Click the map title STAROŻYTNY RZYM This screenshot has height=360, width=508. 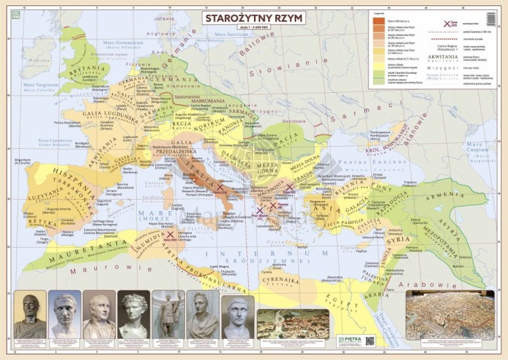click(x=253, y=18)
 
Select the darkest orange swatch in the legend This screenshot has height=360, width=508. click(x=377, y=20)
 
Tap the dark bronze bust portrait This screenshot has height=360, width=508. click(x=30, y=313)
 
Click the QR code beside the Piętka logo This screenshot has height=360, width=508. click(x=371, y=341)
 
